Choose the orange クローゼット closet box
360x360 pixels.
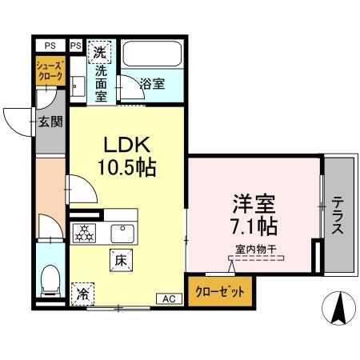click(x=219, y=290)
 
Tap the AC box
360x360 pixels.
click(x=169, y=298)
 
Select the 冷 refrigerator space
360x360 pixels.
click(x=82, y=294)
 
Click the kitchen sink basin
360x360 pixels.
click(x=122, y=234)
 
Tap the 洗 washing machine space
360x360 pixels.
click(x=100, y=54)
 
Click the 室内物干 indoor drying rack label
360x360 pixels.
click(x=255, y=250)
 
